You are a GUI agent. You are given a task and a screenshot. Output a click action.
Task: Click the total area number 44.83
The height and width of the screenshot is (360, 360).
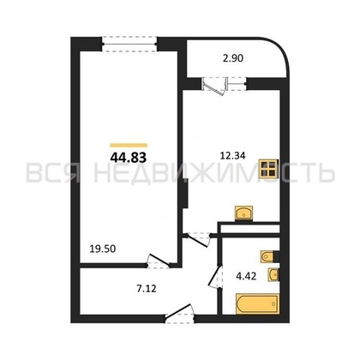coord(129,157)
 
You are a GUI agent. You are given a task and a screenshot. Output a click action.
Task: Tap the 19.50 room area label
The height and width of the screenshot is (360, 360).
coord(103,249)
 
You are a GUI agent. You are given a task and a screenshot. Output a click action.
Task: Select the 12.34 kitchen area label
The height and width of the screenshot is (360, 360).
coord(232,156)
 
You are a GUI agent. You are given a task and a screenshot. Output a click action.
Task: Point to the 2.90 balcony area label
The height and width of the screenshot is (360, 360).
coord(233,58)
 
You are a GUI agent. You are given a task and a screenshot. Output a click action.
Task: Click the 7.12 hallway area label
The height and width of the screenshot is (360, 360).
coord(147,289)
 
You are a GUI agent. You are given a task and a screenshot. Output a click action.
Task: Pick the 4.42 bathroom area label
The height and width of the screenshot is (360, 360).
coord(246,276)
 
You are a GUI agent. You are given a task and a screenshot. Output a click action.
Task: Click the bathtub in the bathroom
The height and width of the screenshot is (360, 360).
coord(257,304)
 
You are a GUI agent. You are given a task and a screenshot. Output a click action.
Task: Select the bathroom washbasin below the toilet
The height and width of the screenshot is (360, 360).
coord(273,275)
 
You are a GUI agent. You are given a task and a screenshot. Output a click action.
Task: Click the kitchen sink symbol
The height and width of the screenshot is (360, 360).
coord(243,213)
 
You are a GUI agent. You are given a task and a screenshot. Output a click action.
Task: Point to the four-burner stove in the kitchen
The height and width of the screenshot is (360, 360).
coord(268,169)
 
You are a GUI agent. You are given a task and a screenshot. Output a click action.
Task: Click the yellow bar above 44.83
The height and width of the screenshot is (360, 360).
coord(129,146)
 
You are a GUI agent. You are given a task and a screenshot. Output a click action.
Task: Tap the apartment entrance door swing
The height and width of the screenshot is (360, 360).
coord(179,313)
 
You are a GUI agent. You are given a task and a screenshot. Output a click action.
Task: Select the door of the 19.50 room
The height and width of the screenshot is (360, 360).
coord(159,261)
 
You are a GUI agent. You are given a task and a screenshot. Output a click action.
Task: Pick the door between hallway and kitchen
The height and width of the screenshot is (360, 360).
coord(199,239)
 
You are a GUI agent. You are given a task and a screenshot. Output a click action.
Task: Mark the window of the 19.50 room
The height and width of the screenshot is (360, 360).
coord(129,44)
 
